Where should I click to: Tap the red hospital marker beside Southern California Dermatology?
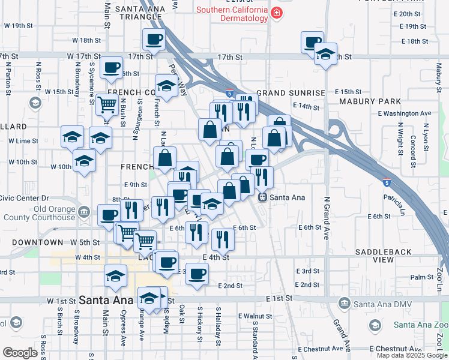click(276, 13)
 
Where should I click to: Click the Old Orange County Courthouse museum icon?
click(84, 211)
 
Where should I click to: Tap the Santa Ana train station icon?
click(262, 197)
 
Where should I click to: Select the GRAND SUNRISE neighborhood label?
click(291, 94)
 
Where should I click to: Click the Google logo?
click(20, 352)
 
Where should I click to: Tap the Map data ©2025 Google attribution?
click(411, 355)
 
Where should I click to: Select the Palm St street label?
click(422, 277)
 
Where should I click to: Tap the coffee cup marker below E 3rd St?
click(196, 274)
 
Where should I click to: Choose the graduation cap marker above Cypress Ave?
click(115, 276)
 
